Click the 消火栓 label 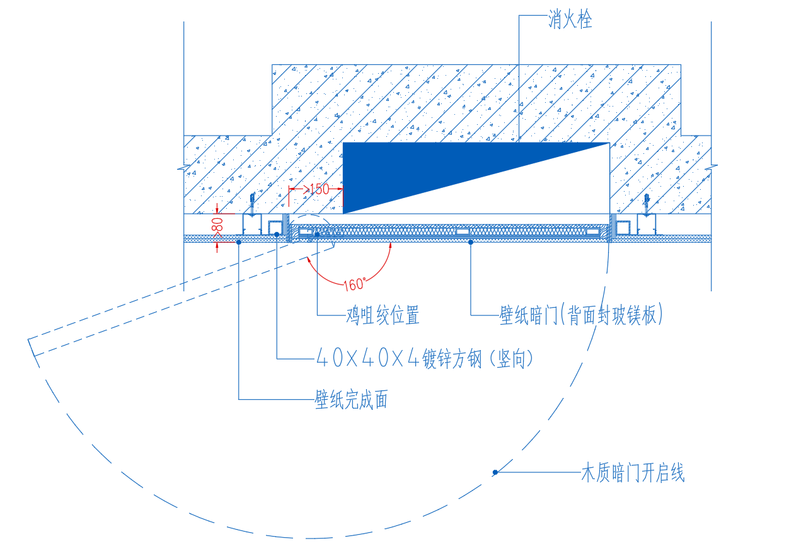point(570,20)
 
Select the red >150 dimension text point(316,189)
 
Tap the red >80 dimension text point(217,227)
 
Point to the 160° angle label point(355,284)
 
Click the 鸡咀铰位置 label point(383,315)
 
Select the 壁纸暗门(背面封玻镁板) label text point(581,314)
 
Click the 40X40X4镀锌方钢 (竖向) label point(425,358)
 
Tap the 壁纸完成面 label point(352,399)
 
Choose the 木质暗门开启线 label point(633,472)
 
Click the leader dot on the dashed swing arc point(495,472)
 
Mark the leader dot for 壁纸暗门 point(471,242)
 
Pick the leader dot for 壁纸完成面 point(239,242)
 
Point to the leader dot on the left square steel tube point(277,235)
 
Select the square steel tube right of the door point(623,228)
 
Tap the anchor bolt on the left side point(252,204)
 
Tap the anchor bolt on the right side point(647,205)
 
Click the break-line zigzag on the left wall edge point(183,167)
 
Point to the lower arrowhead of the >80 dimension point(217,245)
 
